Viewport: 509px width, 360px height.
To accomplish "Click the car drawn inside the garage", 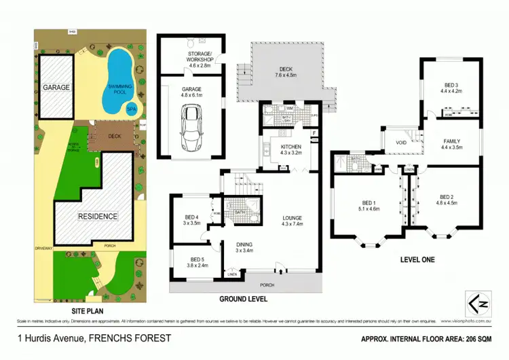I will coord(189,126).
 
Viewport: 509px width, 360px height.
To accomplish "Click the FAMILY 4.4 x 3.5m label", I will coord(451,144).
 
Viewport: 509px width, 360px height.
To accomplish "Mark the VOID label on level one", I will coord(400,144).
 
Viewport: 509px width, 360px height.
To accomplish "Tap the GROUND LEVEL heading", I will coord(244,298).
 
